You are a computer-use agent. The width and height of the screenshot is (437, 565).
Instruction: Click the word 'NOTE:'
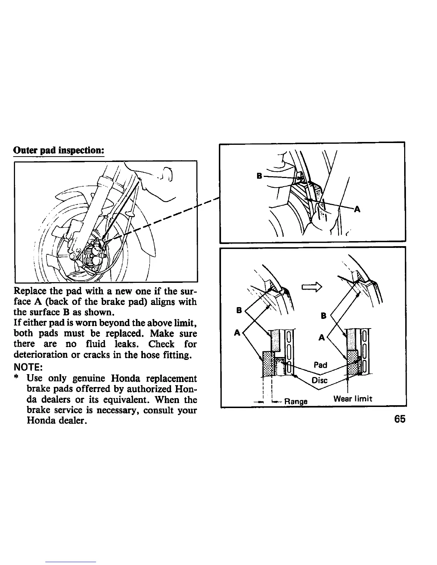point(28,367)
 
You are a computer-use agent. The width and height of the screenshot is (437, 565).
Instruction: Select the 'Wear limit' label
point(352,398)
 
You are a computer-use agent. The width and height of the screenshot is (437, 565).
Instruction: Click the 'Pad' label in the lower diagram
point(320,365)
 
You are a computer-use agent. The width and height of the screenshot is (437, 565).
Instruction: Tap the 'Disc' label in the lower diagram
point(319,380)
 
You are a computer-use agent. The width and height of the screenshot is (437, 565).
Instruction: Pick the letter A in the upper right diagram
point(357,210)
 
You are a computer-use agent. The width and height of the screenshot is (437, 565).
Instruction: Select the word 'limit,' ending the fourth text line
point(185,323)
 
